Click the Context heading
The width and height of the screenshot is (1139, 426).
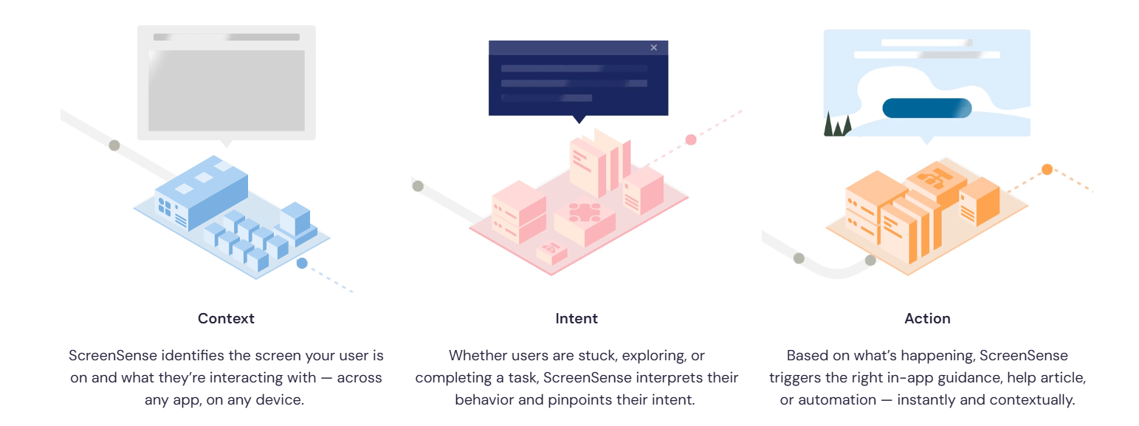226,319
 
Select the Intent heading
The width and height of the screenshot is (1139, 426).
577,319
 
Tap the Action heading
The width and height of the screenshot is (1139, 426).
927,319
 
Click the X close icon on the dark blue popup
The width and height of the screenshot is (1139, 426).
654,47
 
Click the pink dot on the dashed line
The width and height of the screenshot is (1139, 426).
690,140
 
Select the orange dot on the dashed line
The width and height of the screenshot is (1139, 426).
1047,169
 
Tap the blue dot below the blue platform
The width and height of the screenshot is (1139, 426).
302,264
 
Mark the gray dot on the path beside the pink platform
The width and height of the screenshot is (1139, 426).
418,186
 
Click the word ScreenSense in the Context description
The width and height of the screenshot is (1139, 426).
113,355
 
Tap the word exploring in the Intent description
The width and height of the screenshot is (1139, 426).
655,355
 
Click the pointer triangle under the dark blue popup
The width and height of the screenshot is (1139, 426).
579,119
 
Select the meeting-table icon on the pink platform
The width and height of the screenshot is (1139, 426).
585,212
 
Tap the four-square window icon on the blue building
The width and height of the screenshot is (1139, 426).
164,207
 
